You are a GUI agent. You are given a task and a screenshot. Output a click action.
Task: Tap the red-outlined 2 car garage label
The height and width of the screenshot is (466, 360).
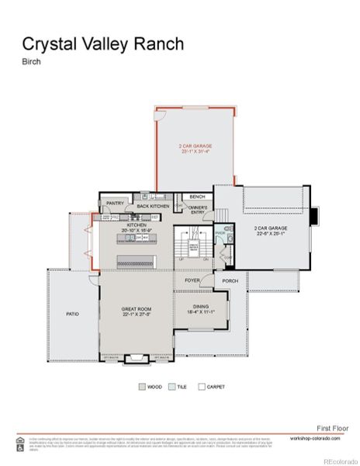(195, 148)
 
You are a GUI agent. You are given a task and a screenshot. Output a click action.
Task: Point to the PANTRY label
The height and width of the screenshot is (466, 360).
(116, 204)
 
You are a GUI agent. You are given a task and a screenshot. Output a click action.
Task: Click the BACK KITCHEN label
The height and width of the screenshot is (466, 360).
(153, 206)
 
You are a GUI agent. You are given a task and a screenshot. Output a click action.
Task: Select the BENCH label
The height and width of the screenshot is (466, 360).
(197, 197)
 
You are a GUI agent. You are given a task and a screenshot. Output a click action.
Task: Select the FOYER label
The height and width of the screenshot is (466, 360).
(192, 280)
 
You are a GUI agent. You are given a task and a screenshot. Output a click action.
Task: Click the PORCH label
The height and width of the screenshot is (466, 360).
(230, 280)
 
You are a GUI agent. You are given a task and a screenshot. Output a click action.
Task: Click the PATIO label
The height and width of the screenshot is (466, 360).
(72, 314)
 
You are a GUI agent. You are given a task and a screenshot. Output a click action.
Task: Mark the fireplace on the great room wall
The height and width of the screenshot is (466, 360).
(137, 357)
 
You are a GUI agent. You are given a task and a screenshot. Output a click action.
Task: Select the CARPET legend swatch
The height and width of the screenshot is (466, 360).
(201, 385)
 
